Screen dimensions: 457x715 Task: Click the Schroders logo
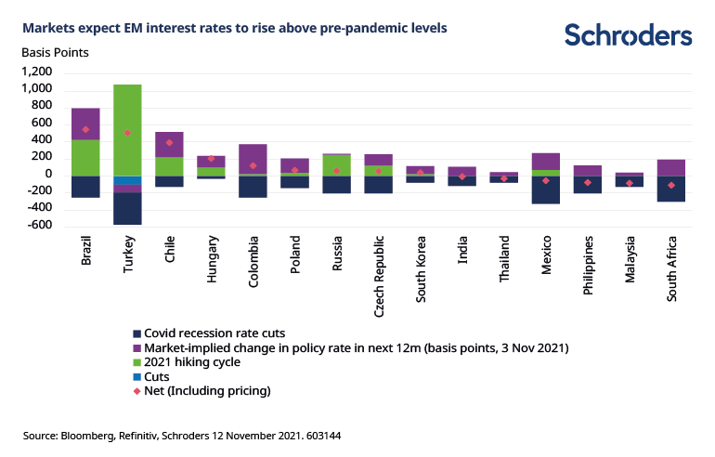628,35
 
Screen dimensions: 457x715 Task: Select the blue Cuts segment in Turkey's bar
127,180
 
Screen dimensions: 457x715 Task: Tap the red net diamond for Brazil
85,130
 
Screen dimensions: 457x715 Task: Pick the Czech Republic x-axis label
379,265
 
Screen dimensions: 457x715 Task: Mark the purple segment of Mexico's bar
546,162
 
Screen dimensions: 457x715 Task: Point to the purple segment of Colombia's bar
253,159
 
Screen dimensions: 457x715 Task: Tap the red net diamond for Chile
169,143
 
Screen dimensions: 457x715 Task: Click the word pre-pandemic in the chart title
360,28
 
